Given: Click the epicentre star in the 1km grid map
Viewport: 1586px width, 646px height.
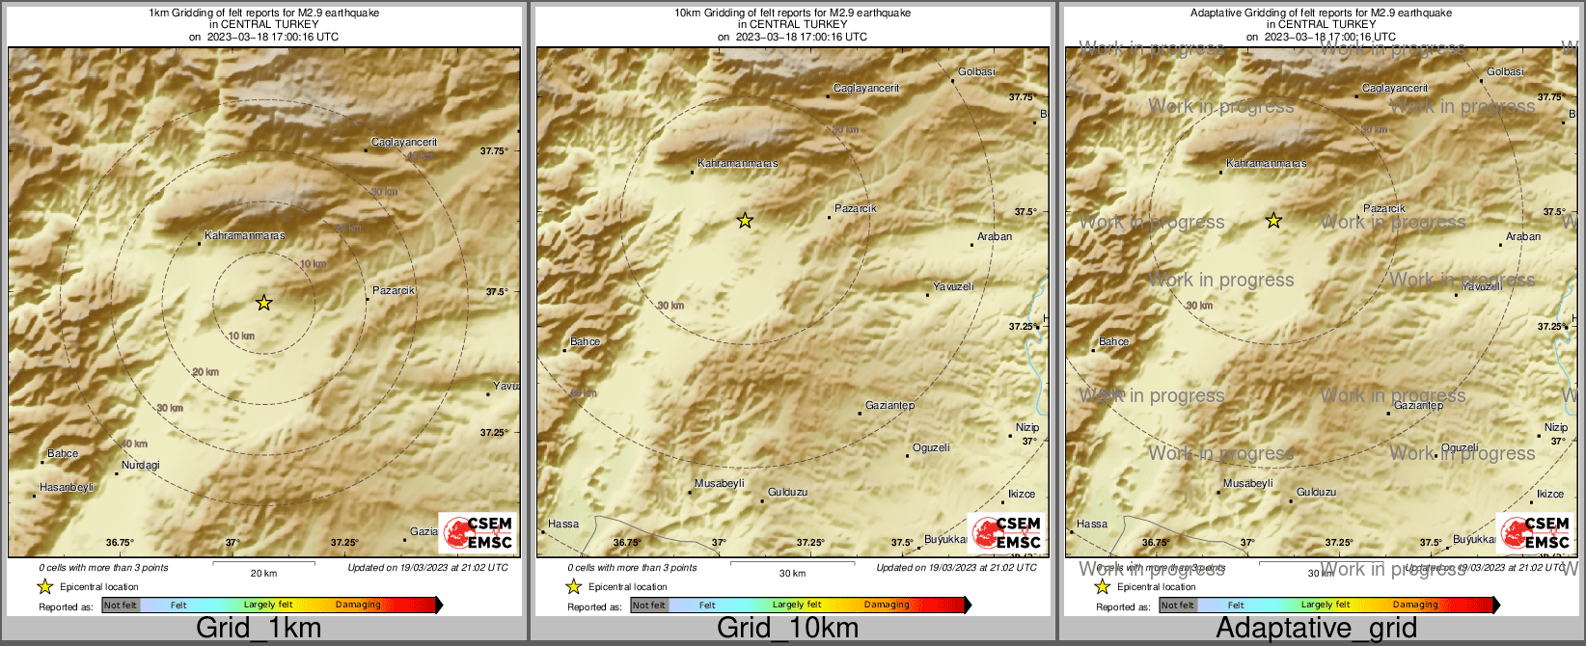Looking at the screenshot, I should coord(263,303).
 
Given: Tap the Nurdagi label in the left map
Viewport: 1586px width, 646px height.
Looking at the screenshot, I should coord(141,466).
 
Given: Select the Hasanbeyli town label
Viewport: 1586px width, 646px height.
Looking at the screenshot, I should coord(67,488).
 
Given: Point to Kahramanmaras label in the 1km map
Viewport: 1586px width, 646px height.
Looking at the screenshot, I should coord(245,235).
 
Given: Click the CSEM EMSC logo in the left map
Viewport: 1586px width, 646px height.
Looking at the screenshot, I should coord(477,533).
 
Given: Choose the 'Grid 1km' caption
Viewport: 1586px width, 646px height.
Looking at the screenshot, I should coord(259,628).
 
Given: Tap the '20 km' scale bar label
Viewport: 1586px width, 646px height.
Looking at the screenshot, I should coord(263,573).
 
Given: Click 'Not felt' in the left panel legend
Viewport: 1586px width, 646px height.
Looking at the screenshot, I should coord(121,606).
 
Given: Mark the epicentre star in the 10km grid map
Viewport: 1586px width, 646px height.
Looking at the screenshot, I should coord(745,221).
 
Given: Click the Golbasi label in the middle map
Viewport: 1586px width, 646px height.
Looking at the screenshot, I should coord(976,72).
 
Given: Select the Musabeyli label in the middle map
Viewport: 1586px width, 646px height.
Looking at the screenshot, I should coord(720,484).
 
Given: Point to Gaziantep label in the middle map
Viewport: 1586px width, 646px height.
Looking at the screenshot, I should coord(889,406).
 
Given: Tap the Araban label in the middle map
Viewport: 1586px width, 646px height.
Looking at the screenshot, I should coord(995,236).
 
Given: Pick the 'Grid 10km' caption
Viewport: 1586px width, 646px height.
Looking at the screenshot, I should coord(787,628).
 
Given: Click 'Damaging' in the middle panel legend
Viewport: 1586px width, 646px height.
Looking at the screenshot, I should coord(887,606).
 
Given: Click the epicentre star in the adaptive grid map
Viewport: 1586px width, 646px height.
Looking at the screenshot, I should coord(1273,221).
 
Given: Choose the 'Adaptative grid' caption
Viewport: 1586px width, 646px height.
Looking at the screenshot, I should coord(1316,628).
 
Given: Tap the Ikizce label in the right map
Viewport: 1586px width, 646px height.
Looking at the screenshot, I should coord(1550,494).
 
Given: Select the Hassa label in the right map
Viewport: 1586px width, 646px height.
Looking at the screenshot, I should coord(1092,525).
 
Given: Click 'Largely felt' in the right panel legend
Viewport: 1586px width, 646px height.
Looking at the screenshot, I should coord(1326,606).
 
